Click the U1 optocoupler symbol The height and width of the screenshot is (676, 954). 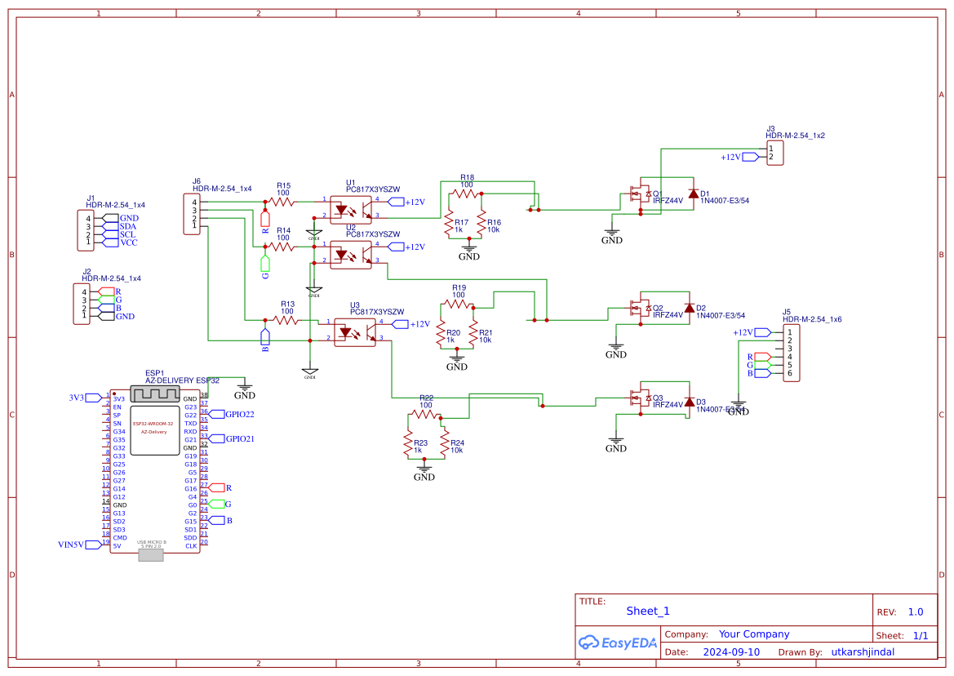pyautogui.click(x=351, y=207)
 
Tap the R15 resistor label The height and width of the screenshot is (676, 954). pyautogui.click(x=283, y=185)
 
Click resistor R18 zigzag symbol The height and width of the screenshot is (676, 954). pyautogui.click(x=466, y=193)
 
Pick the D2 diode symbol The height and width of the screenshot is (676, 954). pyautogui.click(x=689, y=309)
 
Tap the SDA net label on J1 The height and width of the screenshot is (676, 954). pyautogui.click(x=128, y=226)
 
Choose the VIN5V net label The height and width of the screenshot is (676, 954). pyautogui.click(x=71, y=544)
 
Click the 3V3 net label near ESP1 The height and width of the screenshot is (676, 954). pyautogui.click(x=76, y=398)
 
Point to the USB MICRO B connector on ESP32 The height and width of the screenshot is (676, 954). pyautogui.click(x=151, y=555)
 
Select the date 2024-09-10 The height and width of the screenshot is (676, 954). pyautogui.click(x=731, y=652)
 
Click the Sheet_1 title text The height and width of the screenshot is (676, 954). pyautogui.click(x=648, y=611)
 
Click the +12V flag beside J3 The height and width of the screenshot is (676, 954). pyautogui.click(x=730, y=157)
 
